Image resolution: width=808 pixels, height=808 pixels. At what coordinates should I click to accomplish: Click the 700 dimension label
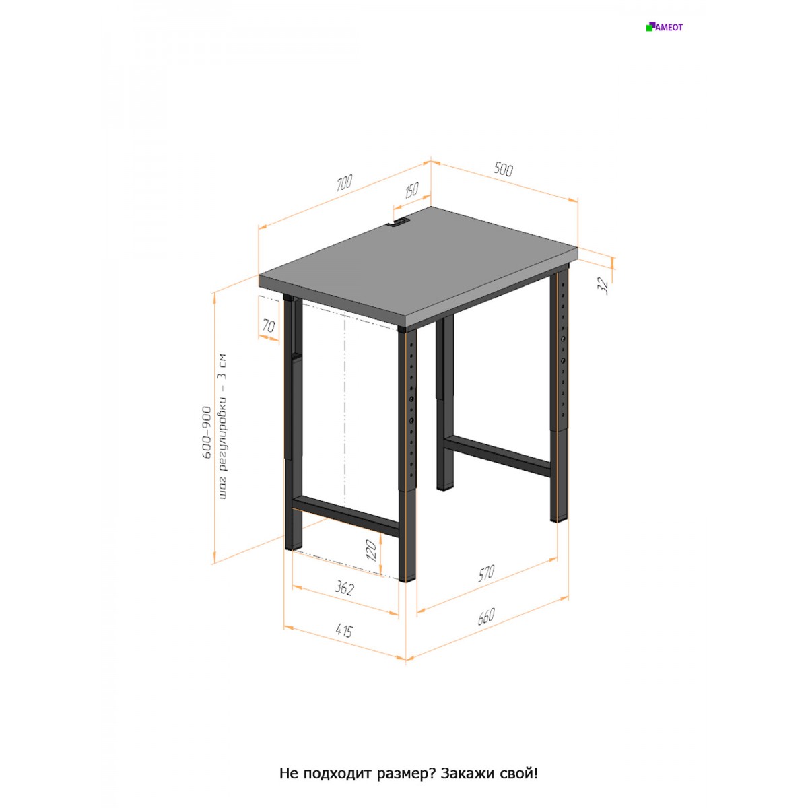pos(345,183)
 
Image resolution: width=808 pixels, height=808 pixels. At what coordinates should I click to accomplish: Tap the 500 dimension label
pos(503,169)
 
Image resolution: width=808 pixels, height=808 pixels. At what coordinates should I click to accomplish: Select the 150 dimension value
pos(412,190)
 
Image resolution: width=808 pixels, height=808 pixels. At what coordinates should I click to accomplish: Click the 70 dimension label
pos(269,325)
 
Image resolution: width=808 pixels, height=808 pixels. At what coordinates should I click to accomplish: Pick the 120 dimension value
pos(370,551)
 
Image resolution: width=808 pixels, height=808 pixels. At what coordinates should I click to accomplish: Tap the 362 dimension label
pos(345,588)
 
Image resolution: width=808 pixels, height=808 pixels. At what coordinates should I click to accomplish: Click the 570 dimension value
pos(486,574)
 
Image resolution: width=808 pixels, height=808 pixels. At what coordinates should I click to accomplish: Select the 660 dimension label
pos(486,616)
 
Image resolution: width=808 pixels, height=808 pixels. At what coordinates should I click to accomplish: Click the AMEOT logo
pos(664,27)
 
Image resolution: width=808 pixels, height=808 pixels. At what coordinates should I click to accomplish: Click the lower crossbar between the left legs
pos(345,516)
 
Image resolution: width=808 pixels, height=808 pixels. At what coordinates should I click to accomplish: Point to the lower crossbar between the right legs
pos(498,457)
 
